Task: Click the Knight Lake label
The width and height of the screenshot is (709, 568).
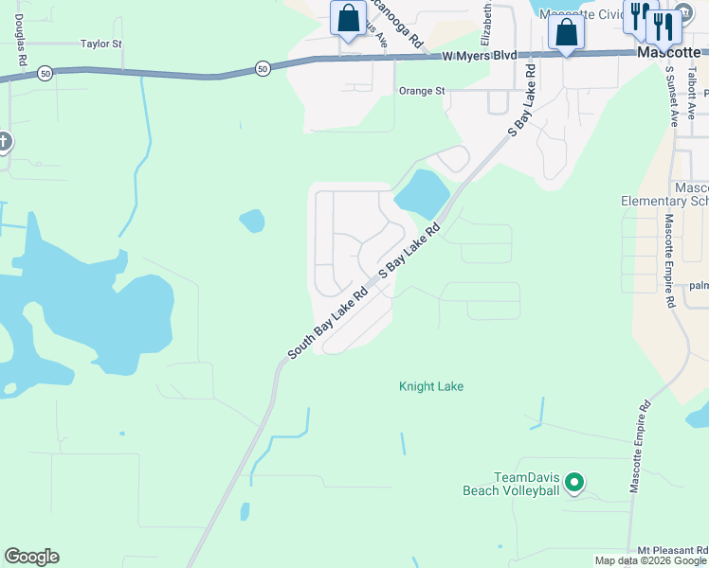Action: tap(431, 386)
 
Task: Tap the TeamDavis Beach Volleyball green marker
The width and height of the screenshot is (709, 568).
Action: tap(573, 484)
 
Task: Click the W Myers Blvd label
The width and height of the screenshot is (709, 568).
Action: tap(480, 56)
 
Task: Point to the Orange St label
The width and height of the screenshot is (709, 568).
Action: tap(421, 91)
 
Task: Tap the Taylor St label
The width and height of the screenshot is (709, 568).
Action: tap(101, 44)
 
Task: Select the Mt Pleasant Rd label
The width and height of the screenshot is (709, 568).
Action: tap(672, 550)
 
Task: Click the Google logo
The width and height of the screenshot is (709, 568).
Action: tap(31, 557)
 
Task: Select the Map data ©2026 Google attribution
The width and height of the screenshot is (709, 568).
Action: tap(650, 560)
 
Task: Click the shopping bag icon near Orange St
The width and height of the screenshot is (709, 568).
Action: tap(348, 18)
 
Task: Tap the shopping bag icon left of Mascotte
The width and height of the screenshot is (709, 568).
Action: tap(566, 32)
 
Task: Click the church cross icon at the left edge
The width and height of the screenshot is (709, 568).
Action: tap(3, 142)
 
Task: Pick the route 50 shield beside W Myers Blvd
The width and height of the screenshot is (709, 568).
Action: tap(263, 68)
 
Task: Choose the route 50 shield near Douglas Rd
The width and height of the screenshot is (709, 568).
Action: tap(45, 73)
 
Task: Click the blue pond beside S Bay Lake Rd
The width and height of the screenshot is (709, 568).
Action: tap(422, 194)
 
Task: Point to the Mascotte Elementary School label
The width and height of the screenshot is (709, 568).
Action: tap(666, 194)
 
